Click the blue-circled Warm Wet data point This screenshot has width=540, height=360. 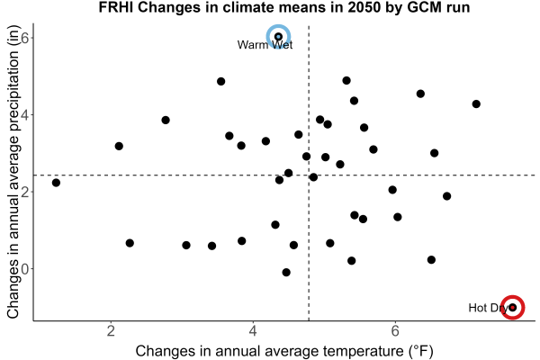[278, 37]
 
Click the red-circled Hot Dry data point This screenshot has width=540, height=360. [513, 307]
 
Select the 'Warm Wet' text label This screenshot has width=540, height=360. [265, 45]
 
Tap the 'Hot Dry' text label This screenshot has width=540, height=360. [488, 308]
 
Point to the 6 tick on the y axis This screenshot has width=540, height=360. [25, 38]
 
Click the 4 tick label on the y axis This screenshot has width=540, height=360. [25, 114]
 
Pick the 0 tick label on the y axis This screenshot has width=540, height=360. [25, 269]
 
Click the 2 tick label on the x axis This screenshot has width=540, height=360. [111, 330]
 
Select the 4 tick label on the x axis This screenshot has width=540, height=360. [253, 330]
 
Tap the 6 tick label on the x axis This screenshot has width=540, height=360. [395, 330]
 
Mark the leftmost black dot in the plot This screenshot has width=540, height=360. [56, 183]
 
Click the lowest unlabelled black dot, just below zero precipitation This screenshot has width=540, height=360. [286, 272]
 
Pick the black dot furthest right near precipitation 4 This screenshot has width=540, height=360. [476, 103]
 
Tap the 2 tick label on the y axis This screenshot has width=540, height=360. [25, 192]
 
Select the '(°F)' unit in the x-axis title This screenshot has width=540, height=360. [420, 351]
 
